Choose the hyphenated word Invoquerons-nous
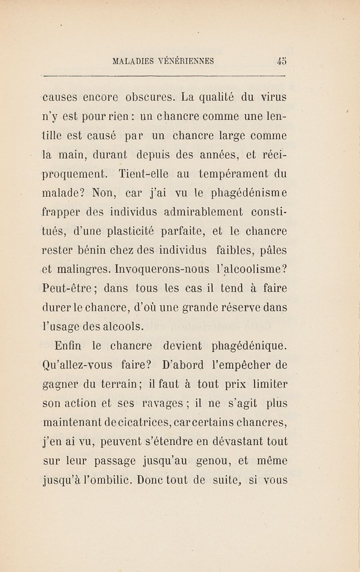162,269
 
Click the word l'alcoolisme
253,269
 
